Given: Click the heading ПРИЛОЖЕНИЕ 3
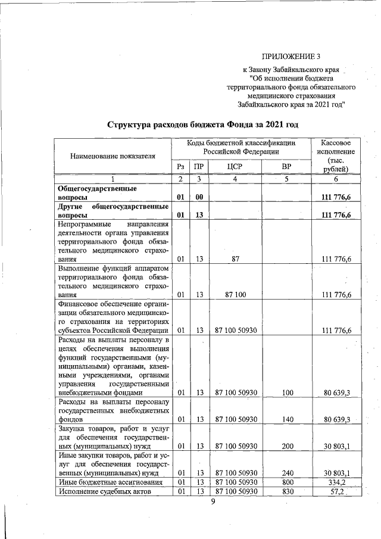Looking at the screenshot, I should coord(291,57).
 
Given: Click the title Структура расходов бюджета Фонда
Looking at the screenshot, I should coord(202,124).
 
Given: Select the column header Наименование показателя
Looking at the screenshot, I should coord(113,156).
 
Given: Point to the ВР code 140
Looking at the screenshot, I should coord(288,419).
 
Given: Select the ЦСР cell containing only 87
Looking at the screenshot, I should coord(235,259).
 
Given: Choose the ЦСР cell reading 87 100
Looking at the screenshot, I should coord(235,295).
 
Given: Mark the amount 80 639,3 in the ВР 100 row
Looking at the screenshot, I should coord(336,392).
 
